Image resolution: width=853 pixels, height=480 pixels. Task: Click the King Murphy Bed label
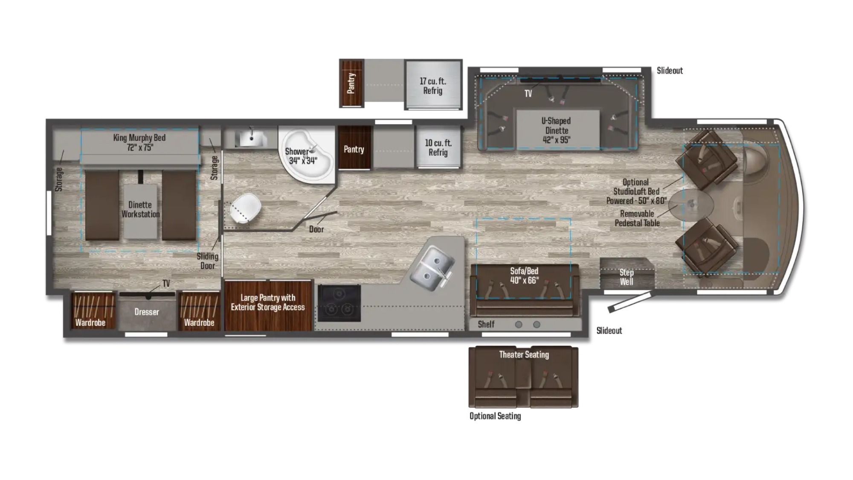click(139, 142)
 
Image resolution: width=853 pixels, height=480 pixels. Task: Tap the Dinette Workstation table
click(140, 211)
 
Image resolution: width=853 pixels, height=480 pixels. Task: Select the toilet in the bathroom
click(245, 208)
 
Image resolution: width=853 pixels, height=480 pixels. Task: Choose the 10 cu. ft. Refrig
click(438, 147)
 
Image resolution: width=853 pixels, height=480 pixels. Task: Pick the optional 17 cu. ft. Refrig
click(433, 85)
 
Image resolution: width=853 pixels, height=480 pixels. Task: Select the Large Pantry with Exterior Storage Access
click(268, 305)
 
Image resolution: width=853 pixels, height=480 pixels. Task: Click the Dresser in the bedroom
click(147, 312)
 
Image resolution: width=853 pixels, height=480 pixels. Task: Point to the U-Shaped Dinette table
click(557, 130)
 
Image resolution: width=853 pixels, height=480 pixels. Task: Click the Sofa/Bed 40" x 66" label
click(524, 275)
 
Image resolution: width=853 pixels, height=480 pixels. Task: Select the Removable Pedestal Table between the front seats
click(691, 205)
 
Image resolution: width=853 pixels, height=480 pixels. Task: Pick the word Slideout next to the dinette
click(670, 70)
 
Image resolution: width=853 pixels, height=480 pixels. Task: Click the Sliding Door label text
click(208, 261)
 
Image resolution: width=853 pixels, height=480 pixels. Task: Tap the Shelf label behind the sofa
click(486, 324)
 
